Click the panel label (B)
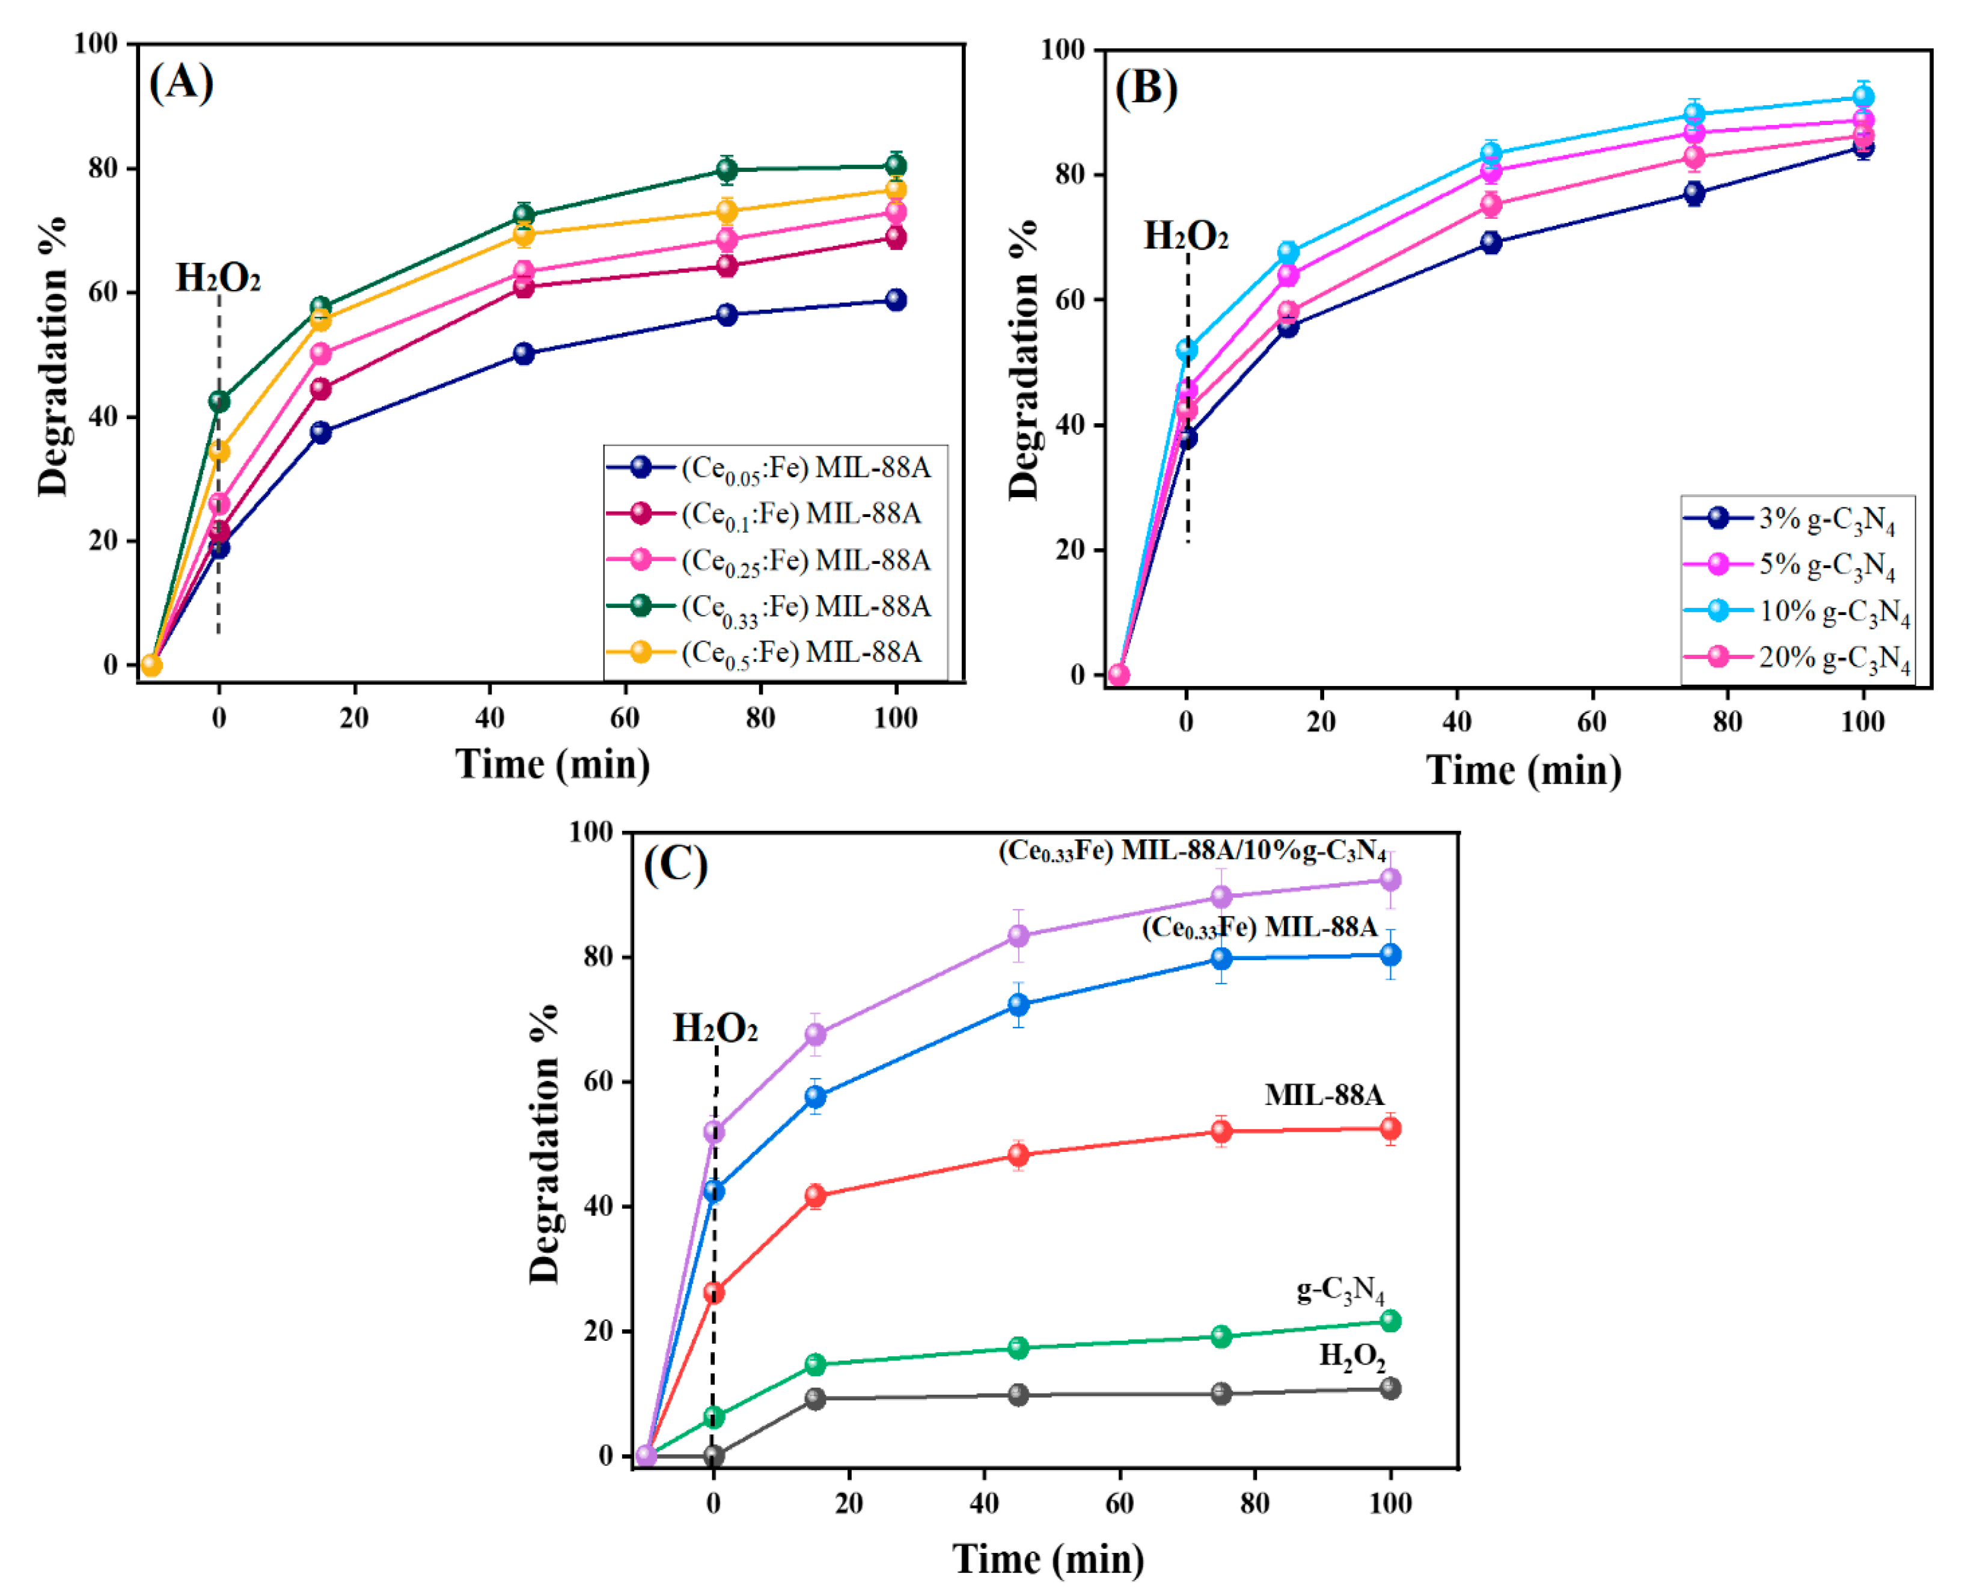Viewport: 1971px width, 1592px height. click(x=1146, y=89)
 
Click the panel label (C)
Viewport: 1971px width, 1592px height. click(x=676, y=864)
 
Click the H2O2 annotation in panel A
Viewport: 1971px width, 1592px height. click(x=218, y=278)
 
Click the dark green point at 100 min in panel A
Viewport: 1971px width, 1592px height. click(x=896, y=166)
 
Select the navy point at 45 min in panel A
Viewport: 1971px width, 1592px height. click(x=524, y=354)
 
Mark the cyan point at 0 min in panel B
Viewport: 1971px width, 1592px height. click(x=1187, y=349)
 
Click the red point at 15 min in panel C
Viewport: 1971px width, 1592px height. click(x=815, y=1196)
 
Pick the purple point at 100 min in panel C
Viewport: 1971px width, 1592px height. click(x=1390, y=880)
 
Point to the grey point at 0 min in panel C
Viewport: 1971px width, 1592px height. click(x=714, y=1456)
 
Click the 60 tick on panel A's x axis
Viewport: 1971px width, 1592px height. click(x=625, y=718)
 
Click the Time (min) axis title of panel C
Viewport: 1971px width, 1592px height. click(x=1048, y=1559)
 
